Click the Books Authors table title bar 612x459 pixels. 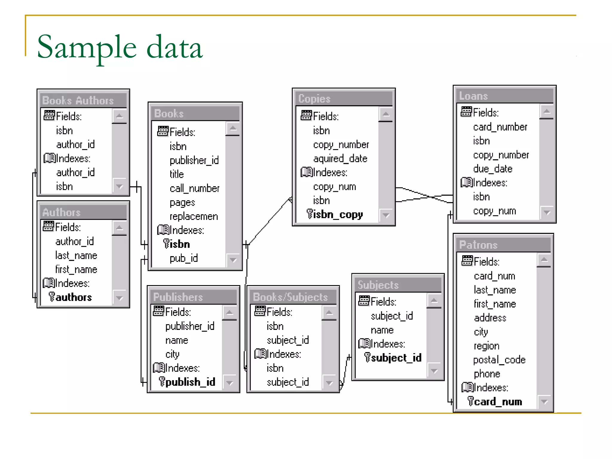tap(78, 100)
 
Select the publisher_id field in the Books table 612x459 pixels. tap(194, 160)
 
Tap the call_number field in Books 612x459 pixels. tap(194, 189)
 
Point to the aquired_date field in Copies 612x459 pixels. tap(340, 158)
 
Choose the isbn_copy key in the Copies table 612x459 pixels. tap(338, 214)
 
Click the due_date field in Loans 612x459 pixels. tap(492, 169)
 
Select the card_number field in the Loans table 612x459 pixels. tap(500, 127)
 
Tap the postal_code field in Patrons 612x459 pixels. tap(499, 360)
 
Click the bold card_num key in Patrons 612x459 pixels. tap(498, 402)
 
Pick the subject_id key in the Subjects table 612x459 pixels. tap(396, 358)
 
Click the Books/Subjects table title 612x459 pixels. tap(290, 297)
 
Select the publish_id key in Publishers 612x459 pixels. tap(190, 382)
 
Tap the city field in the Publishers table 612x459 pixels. tap(172, 354)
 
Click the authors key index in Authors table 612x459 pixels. tap(73, 297)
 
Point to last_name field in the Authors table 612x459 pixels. tap(76, 255)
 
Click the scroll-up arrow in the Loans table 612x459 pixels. tap(547, 112)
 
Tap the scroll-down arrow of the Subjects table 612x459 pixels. tap(434, 371)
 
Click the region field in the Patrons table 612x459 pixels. tap(486, 346)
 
